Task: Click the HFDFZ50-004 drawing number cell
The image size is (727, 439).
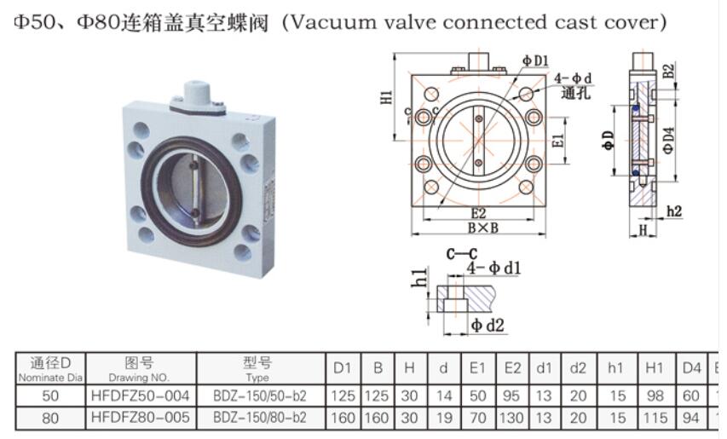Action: tap(140, 396)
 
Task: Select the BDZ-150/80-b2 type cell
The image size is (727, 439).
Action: tap(259, 418)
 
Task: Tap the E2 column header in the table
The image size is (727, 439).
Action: tap(511, 368)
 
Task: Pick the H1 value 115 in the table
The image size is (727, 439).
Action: tap(655, 418)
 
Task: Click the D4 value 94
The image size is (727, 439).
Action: tap(691, 418)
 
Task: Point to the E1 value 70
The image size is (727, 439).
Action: tap(477, 418)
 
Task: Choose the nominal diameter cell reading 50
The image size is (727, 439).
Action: tap(50, 396)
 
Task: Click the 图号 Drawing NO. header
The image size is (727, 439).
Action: tap(140, 368)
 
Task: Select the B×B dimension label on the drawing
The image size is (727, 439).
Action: tap(482, 228)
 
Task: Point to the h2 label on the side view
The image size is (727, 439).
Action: tap(673, 211)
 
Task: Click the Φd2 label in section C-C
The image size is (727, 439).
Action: tap(489, 325)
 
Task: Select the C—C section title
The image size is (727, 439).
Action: tap(461, 253)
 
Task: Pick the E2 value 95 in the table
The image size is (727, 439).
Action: tap(511, 396)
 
